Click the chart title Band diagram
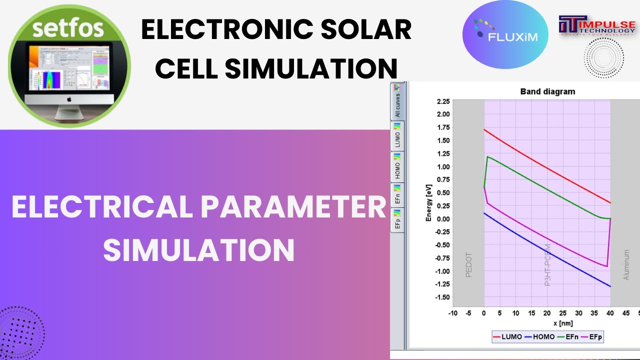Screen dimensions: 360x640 pos(547,91)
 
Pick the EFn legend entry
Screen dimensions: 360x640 pos(568,337)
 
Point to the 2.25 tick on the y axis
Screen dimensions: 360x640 pos(442,101)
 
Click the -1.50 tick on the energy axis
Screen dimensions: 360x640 pos(441,297)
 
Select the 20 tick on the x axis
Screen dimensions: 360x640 pos(547,313)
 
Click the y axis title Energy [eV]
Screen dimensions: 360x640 pos(429,202)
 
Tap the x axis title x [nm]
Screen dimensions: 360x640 pos(547,323)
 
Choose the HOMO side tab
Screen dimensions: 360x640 pos(397,167)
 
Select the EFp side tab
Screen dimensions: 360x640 pos(397,220)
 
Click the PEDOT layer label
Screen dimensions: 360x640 pos(468,265)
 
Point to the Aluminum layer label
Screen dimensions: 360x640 pos(626,265)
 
